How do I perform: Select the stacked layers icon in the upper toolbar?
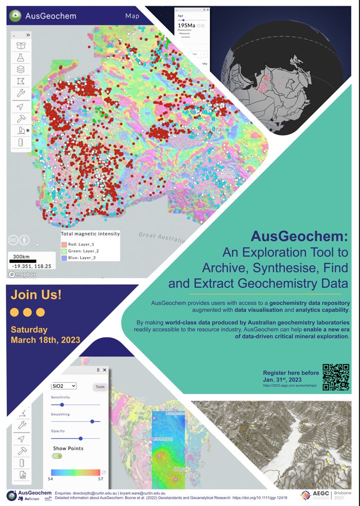pyautogui.click(x=21, y=69)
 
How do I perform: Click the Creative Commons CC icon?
pyautogui.click(x=13, y=240)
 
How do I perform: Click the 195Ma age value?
pyautogui.click(x=186, y=25)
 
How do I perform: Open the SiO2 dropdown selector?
pyautogui.click(x=64, y=386)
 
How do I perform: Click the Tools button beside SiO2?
pyautogui.click(x=100, y=387)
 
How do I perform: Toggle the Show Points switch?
pyautogui.click(x=57, y=456)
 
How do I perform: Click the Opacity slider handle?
pyautogui.click(x=80, y=439)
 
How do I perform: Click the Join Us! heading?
pyautogui.click(x=36, y=295)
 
